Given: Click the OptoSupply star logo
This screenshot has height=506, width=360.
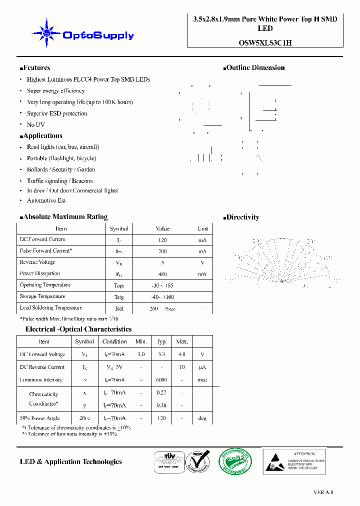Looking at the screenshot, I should click(x=46, y=33).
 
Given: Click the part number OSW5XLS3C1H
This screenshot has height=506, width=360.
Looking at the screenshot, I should click(x=265, y=43).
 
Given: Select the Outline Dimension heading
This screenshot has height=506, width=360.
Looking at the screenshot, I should click(x=255, y=68).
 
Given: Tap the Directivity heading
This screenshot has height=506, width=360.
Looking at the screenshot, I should click(x=242, y=217).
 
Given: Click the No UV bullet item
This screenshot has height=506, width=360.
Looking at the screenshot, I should click(x=35, y=124).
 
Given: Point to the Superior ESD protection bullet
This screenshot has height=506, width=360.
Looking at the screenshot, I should click(x=57, y=113).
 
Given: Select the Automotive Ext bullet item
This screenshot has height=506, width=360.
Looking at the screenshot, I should click(x=46, y=200).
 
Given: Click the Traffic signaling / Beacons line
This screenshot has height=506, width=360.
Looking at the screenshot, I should click(x=59, y=181).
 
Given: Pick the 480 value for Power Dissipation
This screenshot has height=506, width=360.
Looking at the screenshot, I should click(x=162, y=274).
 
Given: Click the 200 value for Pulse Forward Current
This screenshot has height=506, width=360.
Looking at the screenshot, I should click(x=162, y=251).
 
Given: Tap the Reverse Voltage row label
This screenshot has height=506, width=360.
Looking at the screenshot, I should click(x=37, y=262).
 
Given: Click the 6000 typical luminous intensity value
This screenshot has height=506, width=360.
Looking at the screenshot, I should click(x=161, y=380).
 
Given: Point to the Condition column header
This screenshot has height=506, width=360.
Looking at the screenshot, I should click(x=114, y=341).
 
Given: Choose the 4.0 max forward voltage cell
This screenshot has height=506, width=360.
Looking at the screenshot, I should click(x=182, y=354).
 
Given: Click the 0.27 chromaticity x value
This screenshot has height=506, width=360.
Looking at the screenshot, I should click(x=161, y=393).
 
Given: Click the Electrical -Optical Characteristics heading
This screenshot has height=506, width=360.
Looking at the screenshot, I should click(x=78, y=329).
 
